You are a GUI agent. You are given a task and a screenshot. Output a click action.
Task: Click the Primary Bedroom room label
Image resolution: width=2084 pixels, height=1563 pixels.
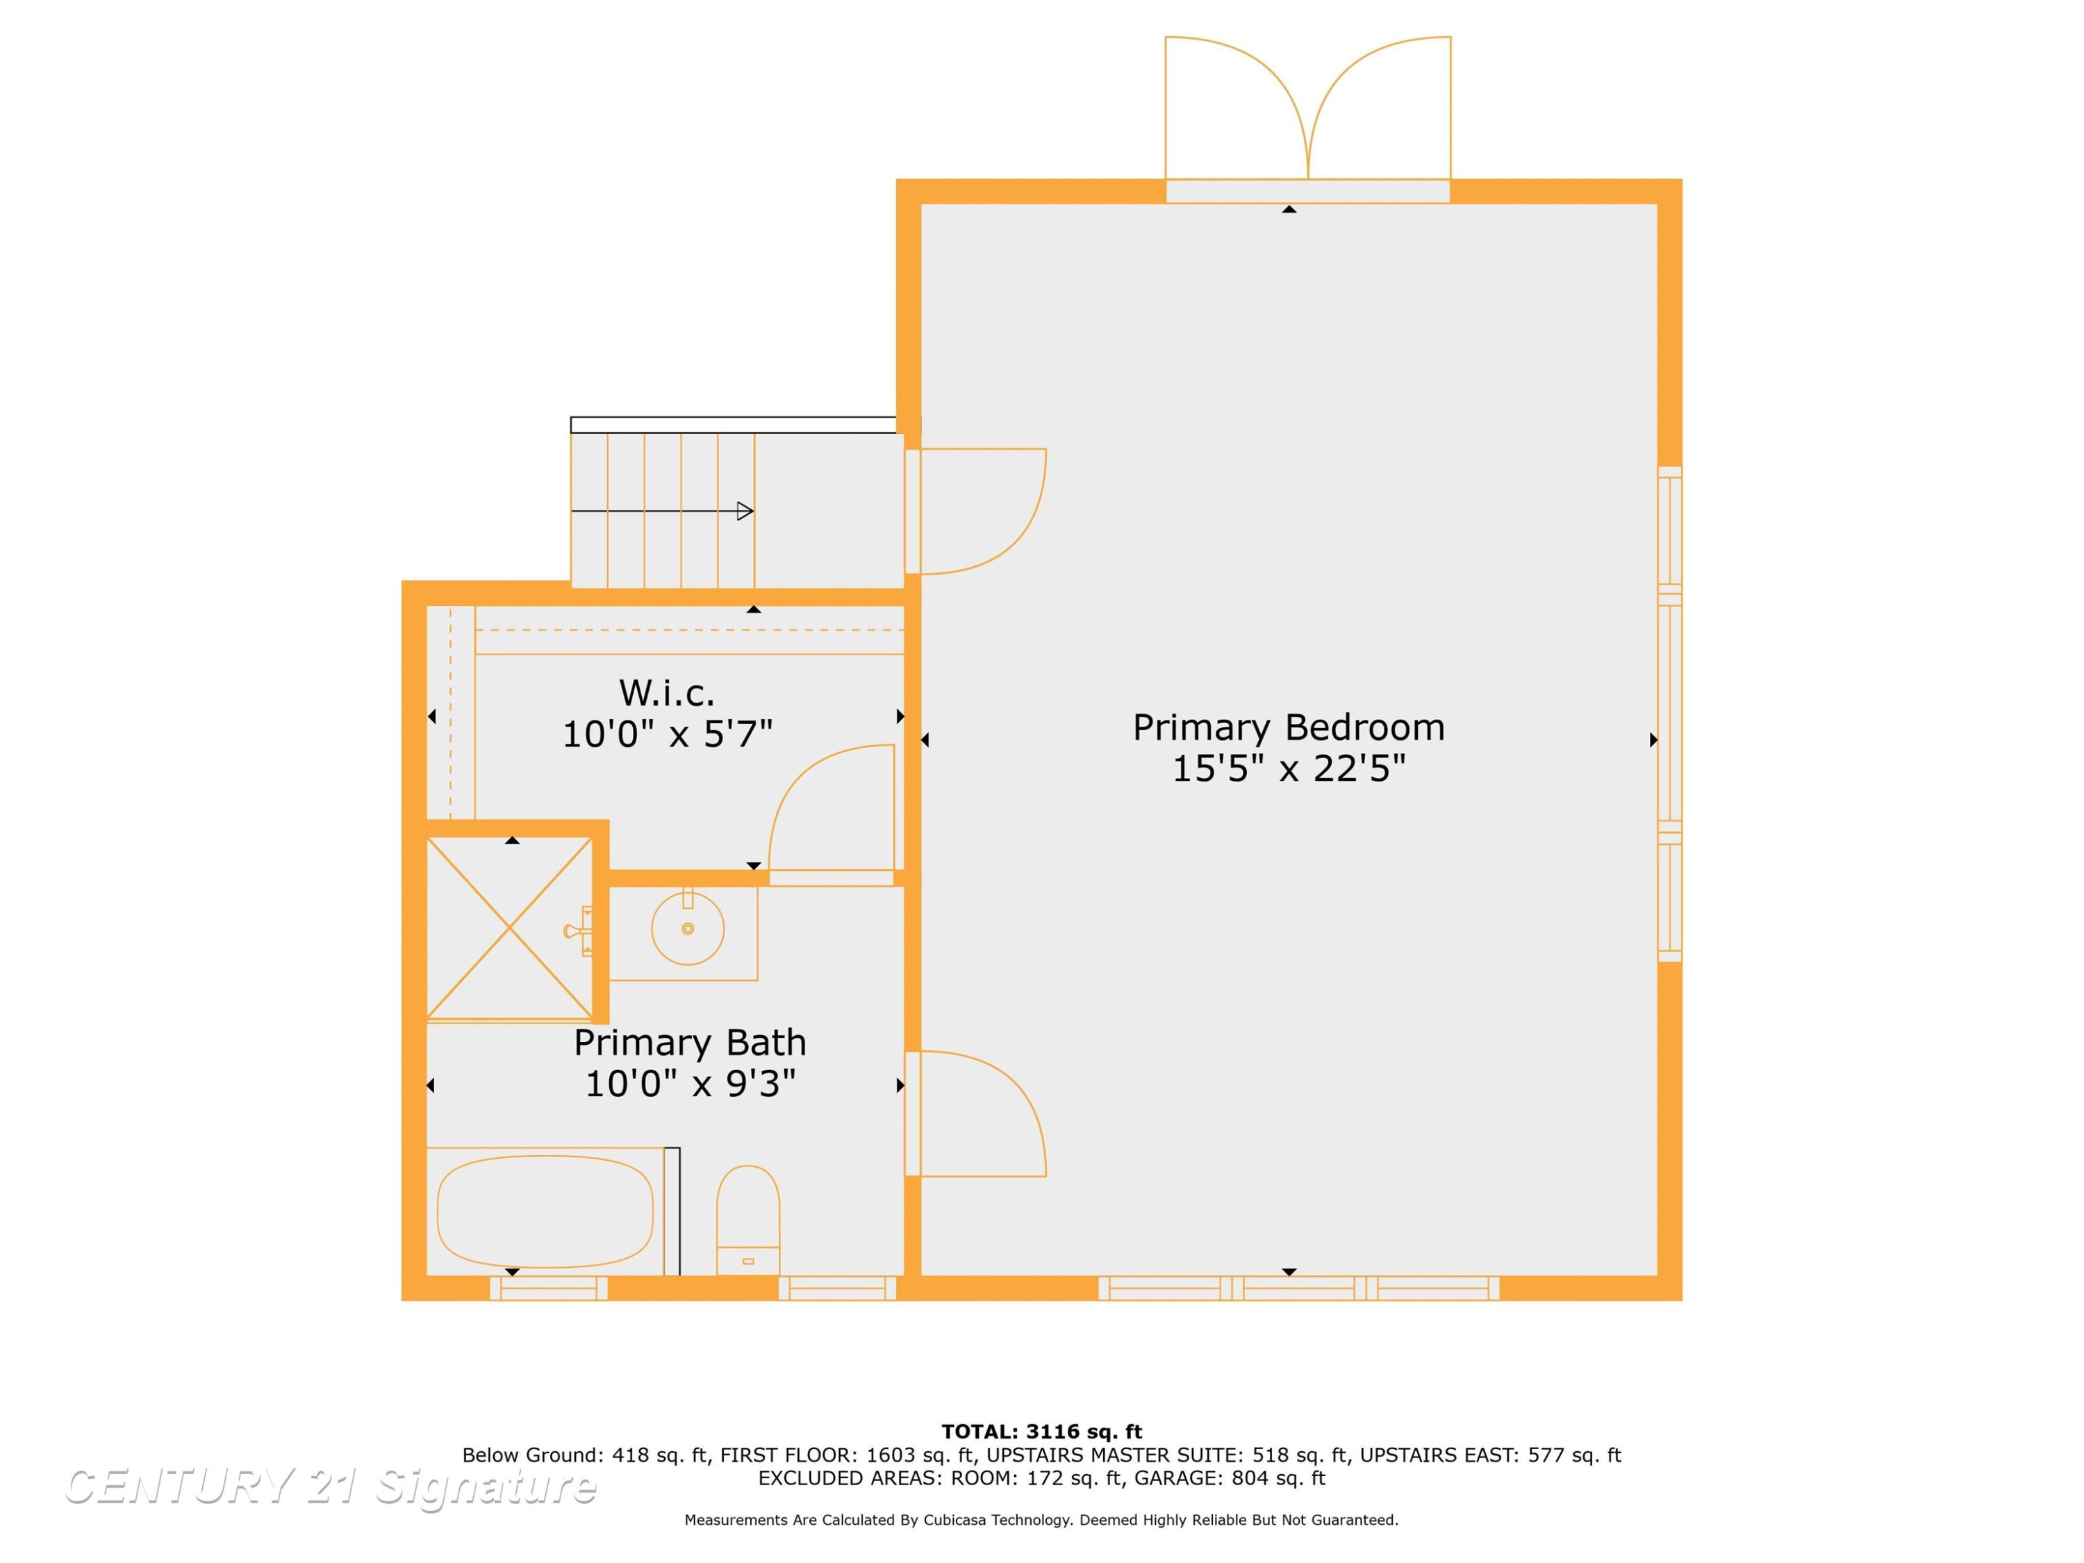click(x=1288, y=728)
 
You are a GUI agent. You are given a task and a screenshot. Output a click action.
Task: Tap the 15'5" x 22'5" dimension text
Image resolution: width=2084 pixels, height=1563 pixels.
click(x=1288, y=769)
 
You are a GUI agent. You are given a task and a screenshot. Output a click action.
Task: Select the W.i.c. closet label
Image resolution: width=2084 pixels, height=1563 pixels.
click(x=667, y=693)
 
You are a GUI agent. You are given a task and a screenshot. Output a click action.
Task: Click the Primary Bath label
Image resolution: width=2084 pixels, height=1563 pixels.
click(x=690, y=1043)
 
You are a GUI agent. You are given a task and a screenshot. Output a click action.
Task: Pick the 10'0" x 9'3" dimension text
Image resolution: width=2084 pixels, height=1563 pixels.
click(x=690, y=1084)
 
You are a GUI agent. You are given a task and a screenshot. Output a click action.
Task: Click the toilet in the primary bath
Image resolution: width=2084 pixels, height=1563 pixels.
click(x=748, y=1220)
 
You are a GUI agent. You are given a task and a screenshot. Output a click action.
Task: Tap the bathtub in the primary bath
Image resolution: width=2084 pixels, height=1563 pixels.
click(x=545, y=1211)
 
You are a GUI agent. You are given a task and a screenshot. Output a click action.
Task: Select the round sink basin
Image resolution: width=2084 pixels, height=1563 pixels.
click(x=688, y=929)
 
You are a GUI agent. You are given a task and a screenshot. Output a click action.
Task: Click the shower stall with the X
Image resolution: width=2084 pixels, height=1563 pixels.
click(x=510, y=928)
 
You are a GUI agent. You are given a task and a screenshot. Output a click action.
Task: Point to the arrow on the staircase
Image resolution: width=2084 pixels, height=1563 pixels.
click(x=662, y=511)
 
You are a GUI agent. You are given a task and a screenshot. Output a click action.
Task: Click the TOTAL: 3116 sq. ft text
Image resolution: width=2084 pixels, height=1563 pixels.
click(x=1041, y=1432)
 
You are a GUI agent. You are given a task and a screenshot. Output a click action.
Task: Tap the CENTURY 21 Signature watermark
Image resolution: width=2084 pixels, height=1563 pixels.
click(x=330, y=1487)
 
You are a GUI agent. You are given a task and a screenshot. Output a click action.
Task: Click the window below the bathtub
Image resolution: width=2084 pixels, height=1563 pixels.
click(x=548, y=1288)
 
